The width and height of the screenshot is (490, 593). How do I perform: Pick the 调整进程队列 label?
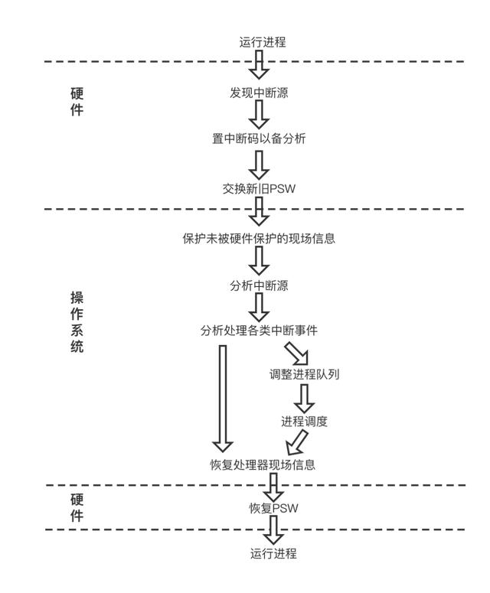coord(304,375)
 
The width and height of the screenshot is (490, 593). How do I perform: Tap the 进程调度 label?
coord(305,421)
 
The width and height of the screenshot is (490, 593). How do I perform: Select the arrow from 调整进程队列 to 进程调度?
coord(305,398)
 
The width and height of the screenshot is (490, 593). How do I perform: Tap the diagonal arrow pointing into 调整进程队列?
coord(296,353)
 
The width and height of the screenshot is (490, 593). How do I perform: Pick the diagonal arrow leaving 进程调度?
coord(297,443)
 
